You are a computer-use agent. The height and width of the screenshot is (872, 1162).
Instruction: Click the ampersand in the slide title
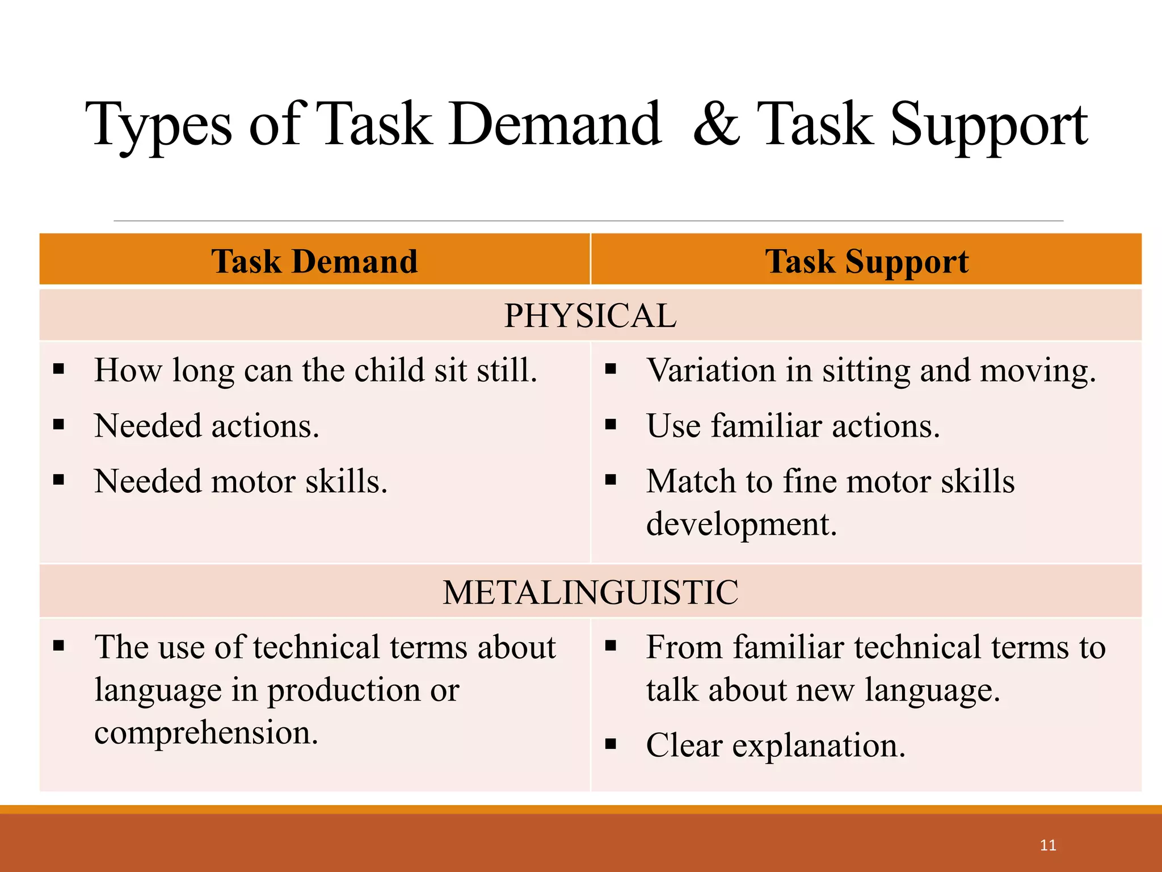click(x=717, y=124)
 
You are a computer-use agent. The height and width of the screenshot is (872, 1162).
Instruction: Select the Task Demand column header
click(x=314, y=261)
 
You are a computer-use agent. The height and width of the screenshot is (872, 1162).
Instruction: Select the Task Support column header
click(x=866, y=262)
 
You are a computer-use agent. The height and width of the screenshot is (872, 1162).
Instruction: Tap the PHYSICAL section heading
click(x=590, y=316)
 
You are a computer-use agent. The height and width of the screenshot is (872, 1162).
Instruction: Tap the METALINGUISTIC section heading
click(x=590, y=592)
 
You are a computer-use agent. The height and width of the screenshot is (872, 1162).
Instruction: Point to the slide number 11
click(x=1048, y=845)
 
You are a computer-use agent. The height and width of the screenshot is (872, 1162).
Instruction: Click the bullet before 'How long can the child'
click(x=58, y=370)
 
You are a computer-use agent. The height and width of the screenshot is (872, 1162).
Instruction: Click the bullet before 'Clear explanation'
click(x=611, y=744)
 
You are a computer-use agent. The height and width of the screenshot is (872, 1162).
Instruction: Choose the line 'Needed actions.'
click(x=207, y=426)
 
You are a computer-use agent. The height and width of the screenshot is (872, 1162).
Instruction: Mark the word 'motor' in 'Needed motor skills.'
click(x=253, y=481)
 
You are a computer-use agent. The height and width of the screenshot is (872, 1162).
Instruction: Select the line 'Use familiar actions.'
click(x=793, y=426)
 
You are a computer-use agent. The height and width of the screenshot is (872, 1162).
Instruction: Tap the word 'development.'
click(x=741, y=525)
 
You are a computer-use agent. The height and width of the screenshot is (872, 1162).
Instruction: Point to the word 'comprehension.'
click(x=206, y=733)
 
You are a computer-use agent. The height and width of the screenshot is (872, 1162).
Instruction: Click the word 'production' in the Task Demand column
click(x=344, y=691)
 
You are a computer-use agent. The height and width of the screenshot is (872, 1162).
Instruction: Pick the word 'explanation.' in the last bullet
click(x=818, y=745)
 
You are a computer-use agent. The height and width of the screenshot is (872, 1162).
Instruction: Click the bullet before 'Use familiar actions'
click(x=611, y=425)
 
